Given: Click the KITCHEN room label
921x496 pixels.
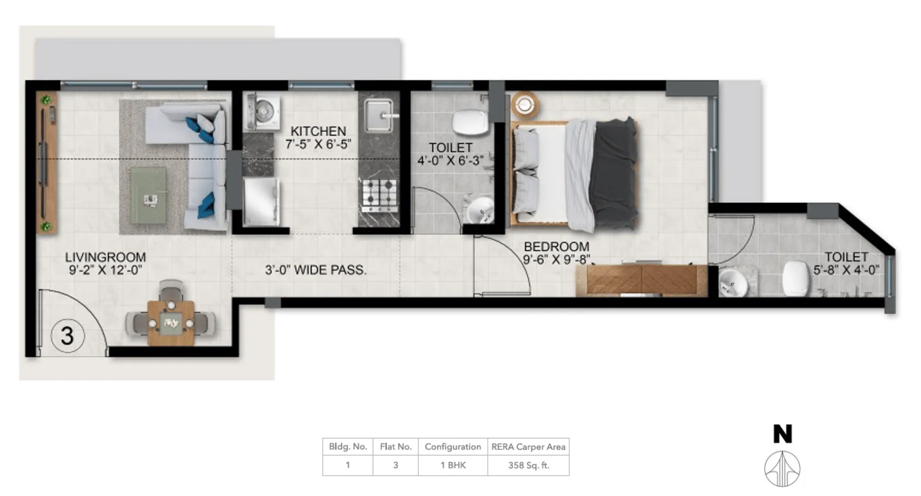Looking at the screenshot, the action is pyautogui.click(x=318, y=131).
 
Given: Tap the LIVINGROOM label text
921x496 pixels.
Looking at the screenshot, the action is pyautogui.click(x=106, y=257).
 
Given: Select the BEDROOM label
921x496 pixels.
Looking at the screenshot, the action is pyautogui.click(x=556, y=247).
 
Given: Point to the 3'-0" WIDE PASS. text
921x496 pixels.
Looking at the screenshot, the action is pyautogui.click(x=316, y=270).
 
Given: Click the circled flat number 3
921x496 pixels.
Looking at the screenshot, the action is pyautogui.click(x=68, y=335).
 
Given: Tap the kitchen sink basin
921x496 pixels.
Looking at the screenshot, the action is pyautogui.click(x=378, y=115).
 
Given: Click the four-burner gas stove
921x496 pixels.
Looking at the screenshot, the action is pyautogui.click(x=380, y=196).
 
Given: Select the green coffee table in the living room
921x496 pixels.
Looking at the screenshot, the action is pyautogui.click(x=148, y=195).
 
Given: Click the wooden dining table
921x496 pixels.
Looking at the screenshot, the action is pyautogui.click(x=171, y=322).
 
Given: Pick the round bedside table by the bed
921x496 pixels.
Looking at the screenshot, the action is pyautogui.click(x=524, y=104).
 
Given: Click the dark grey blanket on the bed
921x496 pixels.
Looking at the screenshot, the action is pyautogui.click(x=614, y=174).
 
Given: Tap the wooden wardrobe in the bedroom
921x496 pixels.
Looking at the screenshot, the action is pyautogui.click(x=641, y=280).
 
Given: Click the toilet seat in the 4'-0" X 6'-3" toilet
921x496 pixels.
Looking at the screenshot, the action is pyautogui.click(x=470, y=122).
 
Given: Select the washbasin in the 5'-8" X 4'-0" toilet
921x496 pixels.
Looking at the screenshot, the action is pyautogui.click(x=732, y=283).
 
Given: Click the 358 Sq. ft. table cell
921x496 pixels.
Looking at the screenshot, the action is pyautogui.click(x=529, y=465).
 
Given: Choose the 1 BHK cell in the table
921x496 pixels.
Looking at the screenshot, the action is pyautogui.click(x=453, y=465).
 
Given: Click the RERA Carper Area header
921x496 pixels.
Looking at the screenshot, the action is pyautogui.click(x=529, y=447).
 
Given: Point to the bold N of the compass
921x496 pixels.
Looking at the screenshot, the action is pyautogui.click(x=782, y=434).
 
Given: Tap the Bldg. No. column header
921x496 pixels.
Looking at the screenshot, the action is pyautogui.click(x=348, y=447).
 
